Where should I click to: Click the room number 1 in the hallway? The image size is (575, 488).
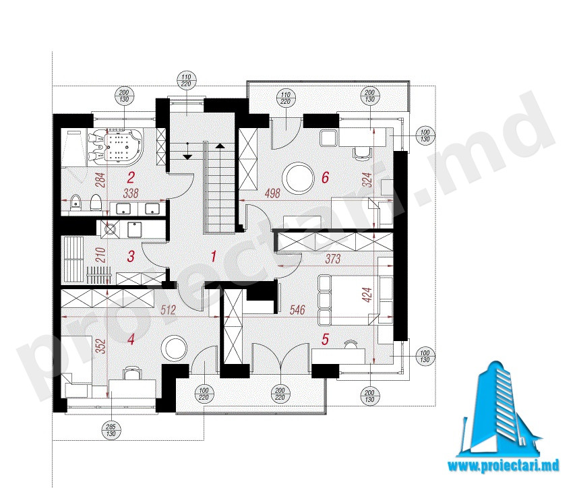(x=214, y=256)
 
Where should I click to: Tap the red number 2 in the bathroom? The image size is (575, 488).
(x=131, y=178)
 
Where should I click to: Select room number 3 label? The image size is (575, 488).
(x=131, y=256)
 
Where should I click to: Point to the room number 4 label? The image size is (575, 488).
(x=131, y=339)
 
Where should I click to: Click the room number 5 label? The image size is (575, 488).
(x=326, y=339)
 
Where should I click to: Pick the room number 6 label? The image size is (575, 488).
(x=326, y=178)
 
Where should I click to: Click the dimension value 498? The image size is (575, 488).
(x=272, y=193)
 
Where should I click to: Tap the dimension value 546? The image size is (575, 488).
(x=297, y=310)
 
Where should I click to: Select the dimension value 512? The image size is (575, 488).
(x=169, y=310)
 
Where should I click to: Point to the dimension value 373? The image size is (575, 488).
(x=332, y=259)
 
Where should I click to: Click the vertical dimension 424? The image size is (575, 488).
(x=367, y=295)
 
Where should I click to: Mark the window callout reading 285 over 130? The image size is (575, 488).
(x=111, y=430)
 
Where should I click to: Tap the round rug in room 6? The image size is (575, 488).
(x=298, y=178)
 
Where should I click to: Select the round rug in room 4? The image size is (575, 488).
(x=173, y=348)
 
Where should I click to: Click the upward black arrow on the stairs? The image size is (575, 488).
(x=220, y=146)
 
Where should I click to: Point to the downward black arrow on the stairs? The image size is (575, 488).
(x=187, y=157)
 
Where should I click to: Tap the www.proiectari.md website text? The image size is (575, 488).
(x=503, y=466)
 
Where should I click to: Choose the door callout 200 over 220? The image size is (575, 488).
(x=280, y=394)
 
